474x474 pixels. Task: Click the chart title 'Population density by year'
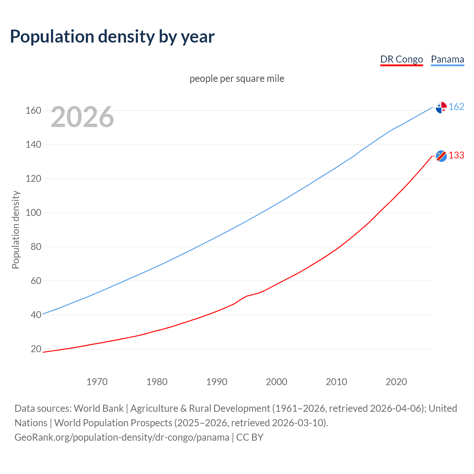[112, 36]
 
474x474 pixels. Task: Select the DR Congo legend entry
[401, 59]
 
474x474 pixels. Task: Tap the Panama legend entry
[447, 59]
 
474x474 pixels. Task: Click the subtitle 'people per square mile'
[237, 79]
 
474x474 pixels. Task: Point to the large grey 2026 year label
[82, 117]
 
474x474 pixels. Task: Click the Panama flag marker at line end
[441, 107]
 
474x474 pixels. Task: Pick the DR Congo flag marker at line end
[441, 156]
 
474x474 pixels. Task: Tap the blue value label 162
[456, 107]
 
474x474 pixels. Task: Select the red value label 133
[456, 155]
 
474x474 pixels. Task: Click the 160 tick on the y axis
[33, 110]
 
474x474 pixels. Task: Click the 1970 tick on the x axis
[97, 381]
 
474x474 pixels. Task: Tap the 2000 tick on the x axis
[277, 381]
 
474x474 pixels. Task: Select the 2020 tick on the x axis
[396, 381]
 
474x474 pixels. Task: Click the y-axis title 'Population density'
[16, 230]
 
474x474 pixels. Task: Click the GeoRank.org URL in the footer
[122, 437]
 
